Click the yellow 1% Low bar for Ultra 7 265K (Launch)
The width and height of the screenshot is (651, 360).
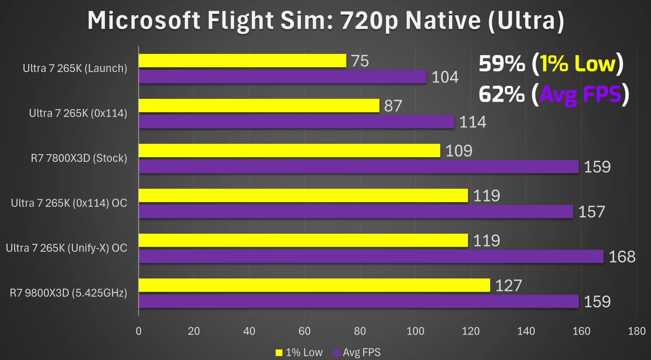(242, 61)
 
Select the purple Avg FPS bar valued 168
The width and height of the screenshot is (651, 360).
(371, 257)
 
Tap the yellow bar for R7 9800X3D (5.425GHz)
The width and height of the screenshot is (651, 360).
(314, 285)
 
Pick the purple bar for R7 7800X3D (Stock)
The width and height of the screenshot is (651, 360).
(358, 167)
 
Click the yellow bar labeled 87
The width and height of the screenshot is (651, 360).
(259, 106)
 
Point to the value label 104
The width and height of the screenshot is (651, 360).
(445, 77)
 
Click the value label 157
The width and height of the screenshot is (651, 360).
(591, 212)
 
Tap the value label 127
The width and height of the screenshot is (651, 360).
(509, 285)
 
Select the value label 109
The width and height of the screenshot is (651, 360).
(459, 151)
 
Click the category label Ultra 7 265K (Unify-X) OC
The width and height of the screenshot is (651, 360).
(66, 248)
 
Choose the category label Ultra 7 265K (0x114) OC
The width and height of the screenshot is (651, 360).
(69, 203)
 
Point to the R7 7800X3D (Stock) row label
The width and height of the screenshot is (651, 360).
(79, 158)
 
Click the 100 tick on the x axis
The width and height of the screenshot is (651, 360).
(415, 331)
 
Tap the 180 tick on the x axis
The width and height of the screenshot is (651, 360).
(636, 331)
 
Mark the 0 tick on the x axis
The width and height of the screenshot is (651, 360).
(138, 331)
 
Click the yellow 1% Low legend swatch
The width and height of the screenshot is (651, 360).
(279, 353)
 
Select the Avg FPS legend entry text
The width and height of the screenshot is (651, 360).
(361, 353)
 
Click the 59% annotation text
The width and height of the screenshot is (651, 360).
(502, 64)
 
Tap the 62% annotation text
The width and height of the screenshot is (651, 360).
(502, 95)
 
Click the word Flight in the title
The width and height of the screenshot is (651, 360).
(240, 20)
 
